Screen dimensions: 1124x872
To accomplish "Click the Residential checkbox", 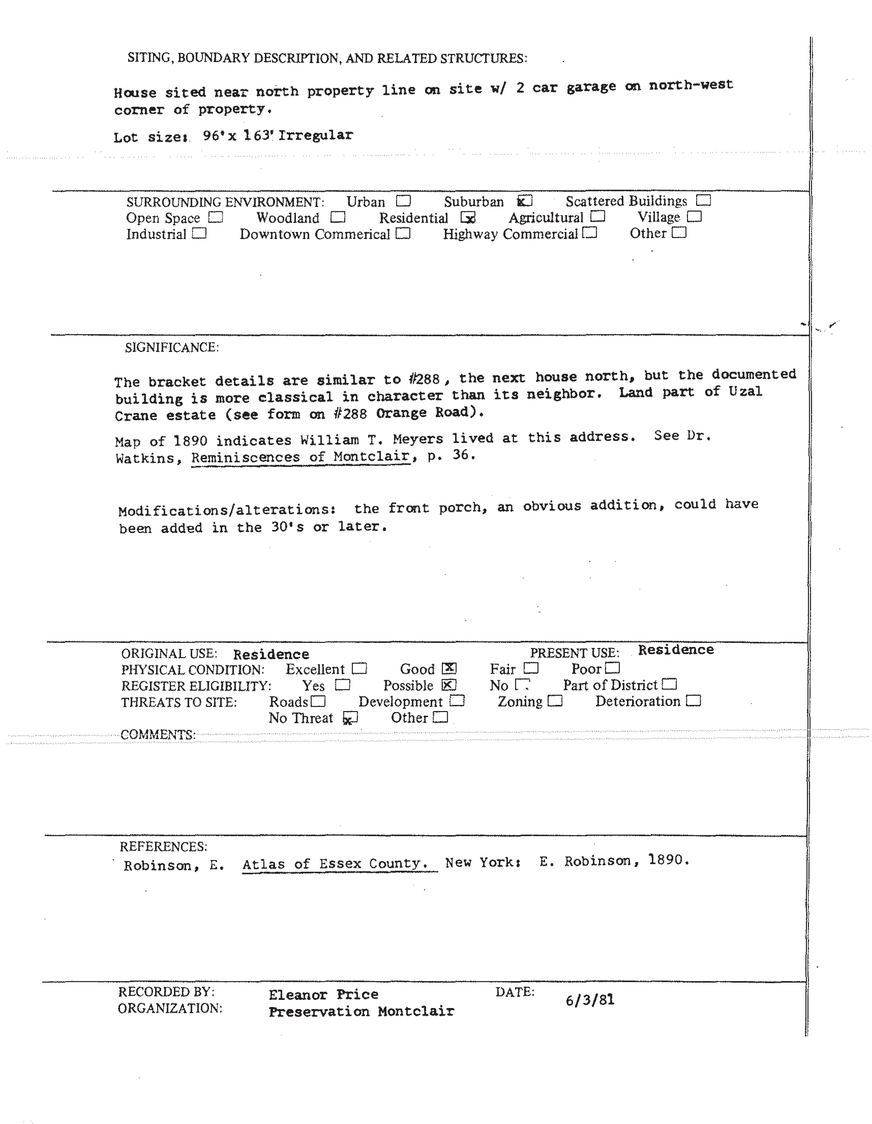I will coord(468,218).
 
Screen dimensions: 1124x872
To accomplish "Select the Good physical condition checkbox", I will coord(449,668).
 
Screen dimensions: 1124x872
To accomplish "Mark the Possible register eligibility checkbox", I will coord(449,685).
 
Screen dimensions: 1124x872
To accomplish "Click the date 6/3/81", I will coord(590,1000).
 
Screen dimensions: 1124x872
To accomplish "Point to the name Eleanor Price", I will coord(323,994).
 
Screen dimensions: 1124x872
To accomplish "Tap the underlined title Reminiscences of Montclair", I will coord(301,456).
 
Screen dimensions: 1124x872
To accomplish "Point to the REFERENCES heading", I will coord(163,847).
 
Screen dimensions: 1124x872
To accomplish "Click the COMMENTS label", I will coord(158,734).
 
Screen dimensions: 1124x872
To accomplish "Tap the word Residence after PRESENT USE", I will coord(675,650).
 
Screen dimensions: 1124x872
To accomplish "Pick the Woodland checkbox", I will coord(338,217).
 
